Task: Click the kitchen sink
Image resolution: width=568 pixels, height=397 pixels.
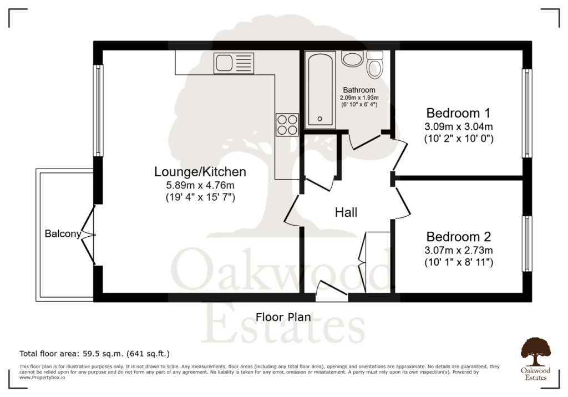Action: (x=234, y=63)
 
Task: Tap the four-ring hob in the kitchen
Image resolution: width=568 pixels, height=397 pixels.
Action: (x=287, y=125)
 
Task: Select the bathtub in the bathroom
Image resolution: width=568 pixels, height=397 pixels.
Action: (x=320, y=90)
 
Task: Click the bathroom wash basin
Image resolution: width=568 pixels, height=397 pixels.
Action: (x=352, y=58)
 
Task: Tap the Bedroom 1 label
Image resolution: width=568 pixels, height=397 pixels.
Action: (x=458, y=113)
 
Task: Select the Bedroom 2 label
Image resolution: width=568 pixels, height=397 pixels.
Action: (x=459, y=237)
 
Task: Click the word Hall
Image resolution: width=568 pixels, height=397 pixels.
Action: (x=346, y=212)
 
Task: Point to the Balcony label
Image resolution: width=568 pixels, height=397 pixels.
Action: (x=63, y=234)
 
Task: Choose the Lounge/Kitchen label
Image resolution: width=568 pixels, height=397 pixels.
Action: (x=200, y=172)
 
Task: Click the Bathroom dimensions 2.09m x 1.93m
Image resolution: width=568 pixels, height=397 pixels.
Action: (x=359, y=98)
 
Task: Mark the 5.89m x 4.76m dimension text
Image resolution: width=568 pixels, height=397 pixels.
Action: (x=200, y=185)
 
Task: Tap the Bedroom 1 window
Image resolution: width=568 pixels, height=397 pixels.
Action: (x=527, y=113)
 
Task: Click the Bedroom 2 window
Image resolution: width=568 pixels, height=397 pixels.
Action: (x=527, y=243)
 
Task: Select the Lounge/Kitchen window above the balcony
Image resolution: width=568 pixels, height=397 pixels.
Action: (x=98, y=110)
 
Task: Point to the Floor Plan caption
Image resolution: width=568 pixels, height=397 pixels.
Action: (x=283, y=317)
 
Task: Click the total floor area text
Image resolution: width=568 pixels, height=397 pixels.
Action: (x=94, y=354)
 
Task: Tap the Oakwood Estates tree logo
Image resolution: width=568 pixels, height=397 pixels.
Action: (x=535, y=352)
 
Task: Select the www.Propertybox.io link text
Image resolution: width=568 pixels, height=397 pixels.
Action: (x=42, y=378)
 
